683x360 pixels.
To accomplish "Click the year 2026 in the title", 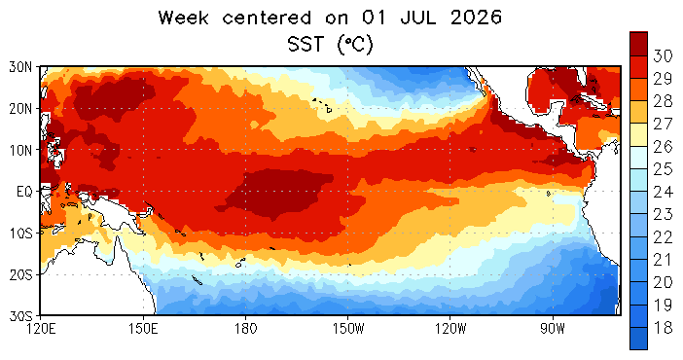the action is pyautogui.click(x=476, y=18).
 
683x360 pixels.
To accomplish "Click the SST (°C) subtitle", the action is pyautogui.click(x=330, y=44).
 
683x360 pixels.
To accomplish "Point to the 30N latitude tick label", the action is pyautogui.click(x=20, y=67).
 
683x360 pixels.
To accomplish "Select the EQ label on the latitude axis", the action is pyautogui.click(x=24, y=192).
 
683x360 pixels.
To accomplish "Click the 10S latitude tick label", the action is pyautogui.click(x=20, y=233).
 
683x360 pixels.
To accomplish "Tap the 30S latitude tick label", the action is pyautogui.click(x=20, y=315).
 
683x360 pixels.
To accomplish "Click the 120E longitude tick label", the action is pyautogui.click(x=41, y=329).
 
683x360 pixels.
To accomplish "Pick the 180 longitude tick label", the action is pyautogui.click(x=246, y=329).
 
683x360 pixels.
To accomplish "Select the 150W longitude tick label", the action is pyautogui.click(x=348, y=329).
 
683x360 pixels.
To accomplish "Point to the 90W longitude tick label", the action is pyautogui.click(x=553, y=329).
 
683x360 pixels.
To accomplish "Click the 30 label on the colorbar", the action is pyautogui.click(x=663, y=55).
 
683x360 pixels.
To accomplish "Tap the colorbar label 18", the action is pyautogui.click(x=663, y=327).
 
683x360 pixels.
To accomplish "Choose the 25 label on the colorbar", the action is pyautogui.click(x=663, y=168).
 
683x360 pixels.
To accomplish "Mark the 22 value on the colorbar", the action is pyautogui.click(x=663, y=236).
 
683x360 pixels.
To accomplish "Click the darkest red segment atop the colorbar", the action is pyautogui.click(x=639, y=44).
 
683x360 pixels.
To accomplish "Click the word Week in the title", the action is pyautogui.click(x=183, y=18).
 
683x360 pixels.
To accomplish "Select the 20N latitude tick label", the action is pyautogui.click(x=20, y=109).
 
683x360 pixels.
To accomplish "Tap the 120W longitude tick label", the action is pyautogui.click(x=450, y=329).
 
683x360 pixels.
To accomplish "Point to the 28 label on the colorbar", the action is pyautogui.click(x=663, y=101).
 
